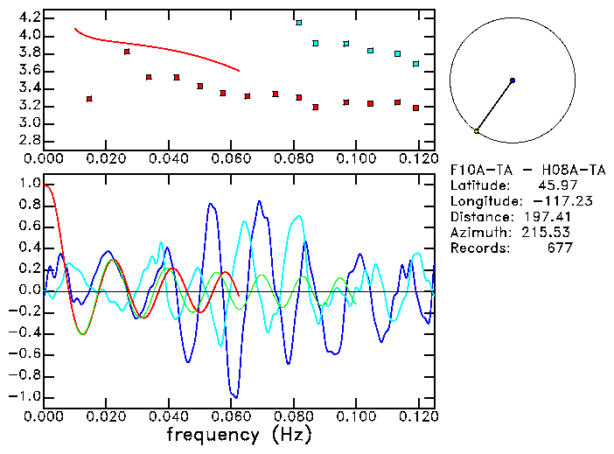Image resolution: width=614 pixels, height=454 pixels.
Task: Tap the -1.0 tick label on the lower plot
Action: coord(25,396)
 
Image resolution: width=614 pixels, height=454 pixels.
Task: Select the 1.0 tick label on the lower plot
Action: coord(29,184)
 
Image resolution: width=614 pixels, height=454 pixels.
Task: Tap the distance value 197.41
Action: coord(548,217)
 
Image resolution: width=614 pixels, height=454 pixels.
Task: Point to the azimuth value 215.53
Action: coord(548,233)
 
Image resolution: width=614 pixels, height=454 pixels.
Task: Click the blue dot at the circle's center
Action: coord(512,80)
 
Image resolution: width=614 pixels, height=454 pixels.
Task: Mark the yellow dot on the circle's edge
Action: coord(477,131)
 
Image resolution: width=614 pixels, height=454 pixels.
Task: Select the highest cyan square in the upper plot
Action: coord(299,23)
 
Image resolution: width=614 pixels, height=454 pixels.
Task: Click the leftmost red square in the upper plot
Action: coord(89,99)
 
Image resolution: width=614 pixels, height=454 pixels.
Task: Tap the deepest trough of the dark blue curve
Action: coord(233,396)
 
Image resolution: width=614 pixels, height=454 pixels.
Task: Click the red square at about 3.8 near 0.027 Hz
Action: coord(127,52)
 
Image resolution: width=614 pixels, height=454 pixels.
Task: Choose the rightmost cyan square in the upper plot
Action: coord(416,64)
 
